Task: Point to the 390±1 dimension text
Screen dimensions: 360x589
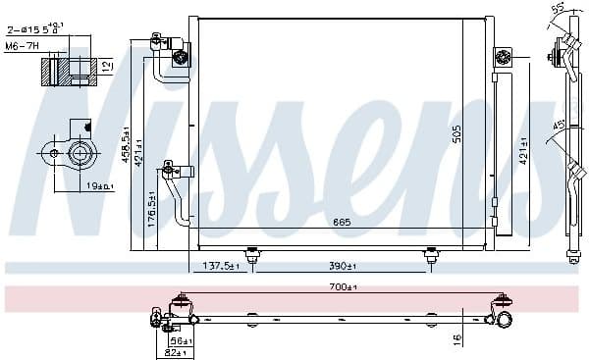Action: tap(341, 266)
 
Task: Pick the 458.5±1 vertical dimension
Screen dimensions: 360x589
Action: tap(125, 147)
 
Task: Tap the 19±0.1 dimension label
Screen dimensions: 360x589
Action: tap(96, 184)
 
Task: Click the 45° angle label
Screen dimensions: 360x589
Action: tap(558, 125)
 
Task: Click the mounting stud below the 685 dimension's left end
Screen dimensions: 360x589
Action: tap(252, 254)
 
